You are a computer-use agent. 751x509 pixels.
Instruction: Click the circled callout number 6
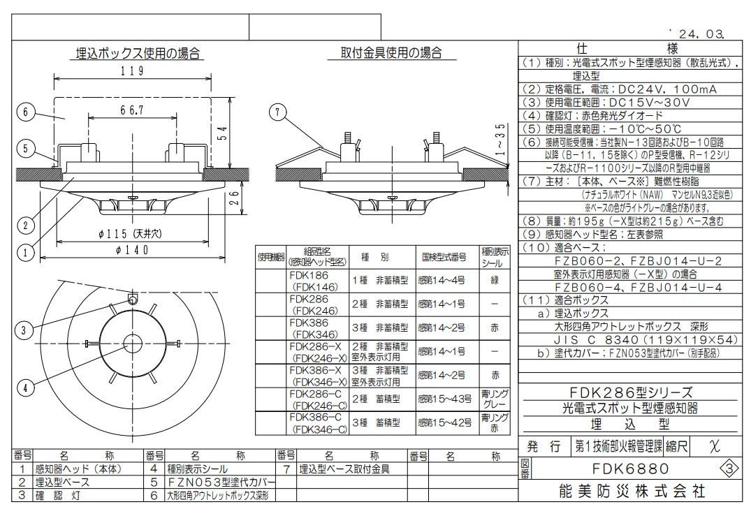coord(25,112)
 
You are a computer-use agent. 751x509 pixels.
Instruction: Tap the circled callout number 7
coord(277,112)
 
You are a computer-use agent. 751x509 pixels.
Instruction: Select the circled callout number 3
coord(24,330)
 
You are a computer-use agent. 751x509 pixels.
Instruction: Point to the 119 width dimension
coord(132,71)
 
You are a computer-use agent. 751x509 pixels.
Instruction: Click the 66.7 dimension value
coord(132,110)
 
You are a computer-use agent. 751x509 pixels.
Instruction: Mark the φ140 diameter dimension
coord(132,250)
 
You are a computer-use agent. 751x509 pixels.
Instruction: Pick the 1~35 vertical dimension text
coord(500,139)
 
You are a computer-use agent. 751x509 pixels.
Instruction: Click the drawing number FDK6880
coord(630,469)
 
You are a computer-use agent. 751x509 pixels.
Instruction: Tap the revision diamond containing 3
coord(729,469)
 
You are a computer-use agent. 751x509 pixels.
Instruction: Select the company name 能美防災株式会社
coord(632,492)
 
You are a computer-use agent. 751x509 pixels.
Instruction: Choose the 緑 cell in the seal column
coord(495,281)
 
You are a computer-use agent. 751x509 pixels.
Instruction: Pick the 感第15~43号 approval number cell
coord(445,399)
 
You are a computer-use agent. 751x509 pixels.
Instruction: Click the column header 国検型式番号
coord(444,257)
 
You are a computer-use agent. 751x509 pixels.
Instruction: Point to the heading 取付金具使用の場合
coord(391,52)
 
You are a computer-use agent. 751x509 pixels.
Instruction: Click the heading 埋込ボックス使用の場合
coord(138,53)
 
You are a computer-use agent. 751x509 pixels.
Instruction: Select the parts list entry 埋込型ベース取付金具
coord(344,469)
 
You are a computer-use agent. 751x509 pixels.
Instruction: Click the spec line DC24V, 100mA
coord(668,89)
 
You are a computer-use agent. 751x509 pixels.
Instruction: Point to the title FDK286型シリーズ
coord(630,392)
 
